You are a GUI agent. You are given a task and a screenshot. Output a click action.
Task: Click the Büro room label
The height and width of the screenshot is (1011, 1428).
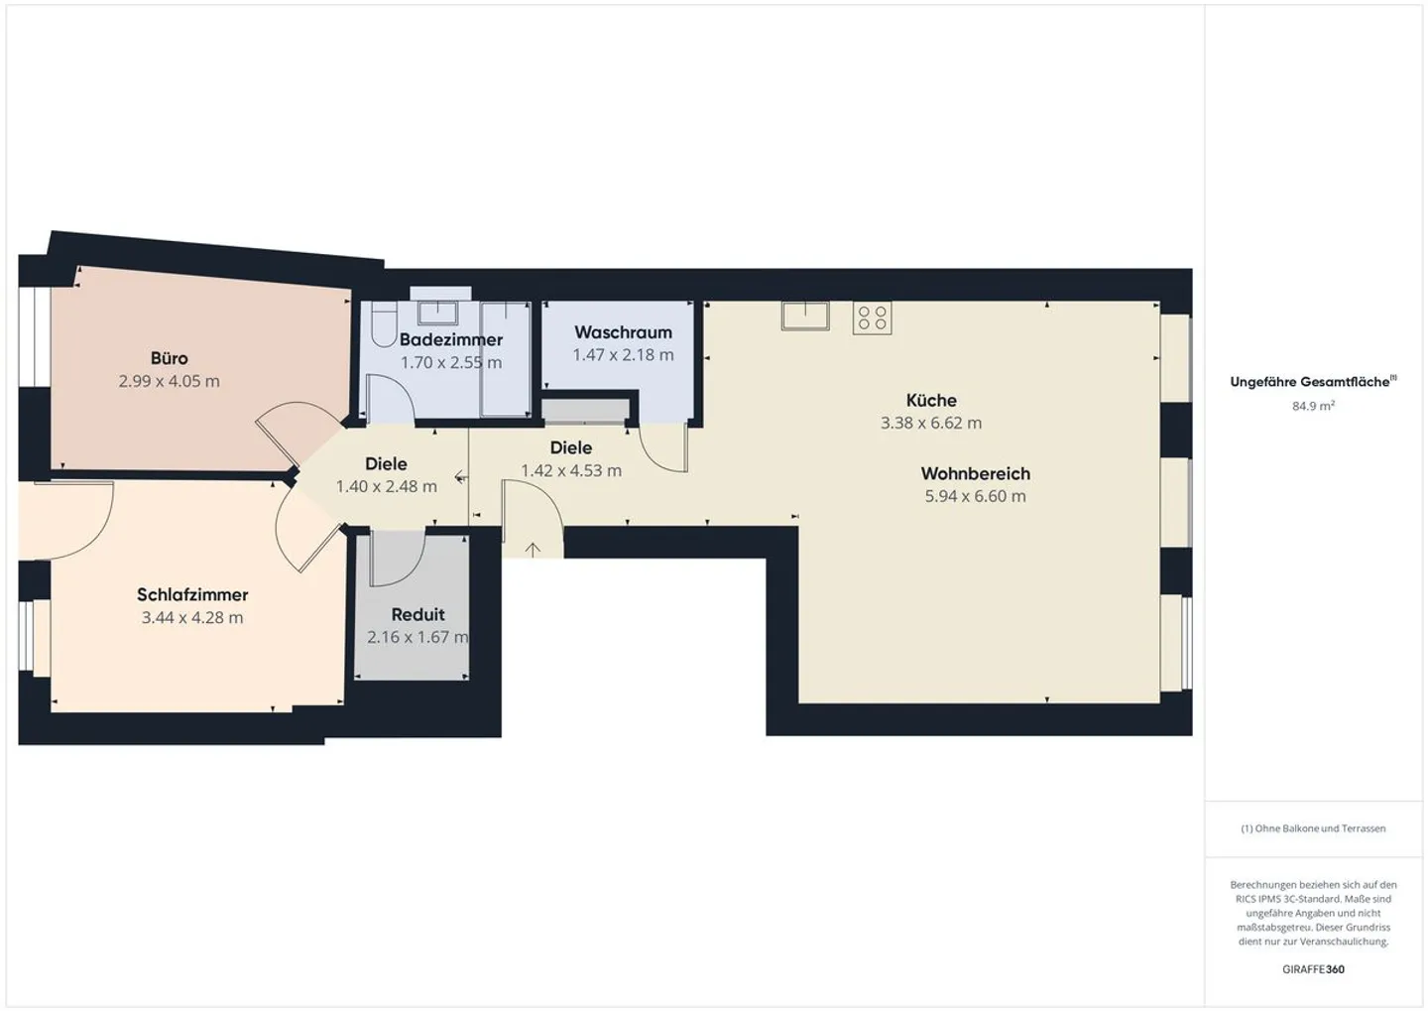point(169,358)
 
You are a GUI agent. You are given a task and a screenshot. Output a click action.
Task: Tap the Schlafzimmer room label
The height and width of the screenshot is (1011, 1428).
point(192,594)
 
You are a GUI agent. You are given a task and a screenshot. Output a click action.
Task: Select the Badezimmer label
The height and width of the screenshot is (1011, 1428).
point(451,339)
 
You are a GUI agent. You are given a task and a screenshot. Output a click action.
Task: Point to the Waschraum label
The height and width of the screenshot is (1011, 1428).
point(623,332)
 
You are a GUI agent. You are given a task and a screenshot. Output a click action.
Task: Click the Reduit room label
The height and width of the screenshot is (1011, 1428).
point(417,614)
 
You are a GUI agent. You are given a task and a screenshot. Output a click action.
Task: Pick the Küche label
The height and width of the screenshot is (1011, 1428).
point(931,400)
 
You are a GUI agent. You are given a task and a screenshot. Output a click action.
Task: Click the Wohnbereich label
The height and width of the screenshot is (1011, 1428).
point(975,473)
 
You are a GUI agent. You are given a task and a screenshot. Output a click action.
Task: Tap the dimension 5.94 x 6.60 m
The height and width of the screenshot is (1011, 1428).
point(975,496)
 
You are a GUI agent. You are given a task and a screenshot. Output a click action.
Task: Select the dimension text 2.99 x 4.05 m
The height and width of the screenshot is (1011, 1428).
point(169,381)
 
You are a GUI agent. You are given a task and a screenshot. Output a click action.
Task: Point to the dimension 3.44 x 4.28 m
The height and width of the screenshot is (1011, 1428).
point(192,617)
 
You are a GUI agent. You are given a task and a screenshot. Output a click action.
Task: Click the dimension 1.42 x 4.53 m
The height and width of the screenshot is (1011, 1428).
point(571,470)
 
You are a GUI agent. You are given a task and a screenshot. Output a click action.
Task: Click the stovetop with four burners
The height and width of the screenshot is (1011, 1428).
point(872,317)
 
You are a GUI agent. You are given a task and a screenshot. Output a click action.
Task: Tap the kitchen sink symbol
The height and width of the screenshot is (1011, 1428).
point(804,315)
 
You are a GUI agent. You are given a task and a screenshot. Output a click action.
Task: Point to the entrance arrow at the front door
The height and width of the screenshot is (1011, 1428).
point(533,549)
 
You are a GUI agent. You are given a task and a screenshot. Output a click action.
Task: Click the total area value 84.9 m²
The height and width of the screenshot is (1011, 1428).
point(1313,406)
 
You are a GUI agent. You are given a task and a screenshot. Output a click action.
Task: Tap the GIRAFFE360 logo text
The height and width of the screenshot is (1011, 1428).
point(1313,969)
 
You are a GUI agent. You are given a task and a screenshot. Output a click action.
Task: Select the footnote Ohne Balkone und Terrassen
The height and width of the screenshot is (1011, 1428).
point(1313,828)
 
